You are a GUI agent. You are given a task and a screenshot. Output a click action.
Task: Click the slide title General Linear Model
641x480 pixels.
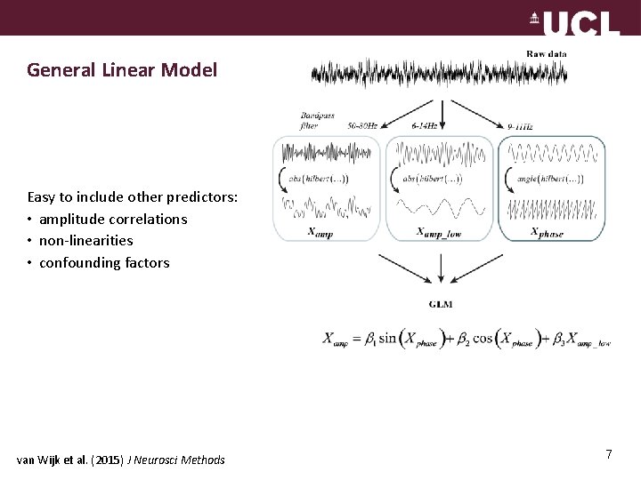[x=122, y=69]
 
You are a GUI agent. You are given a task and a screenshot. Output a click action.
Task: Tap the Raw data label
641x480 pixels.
[x=546, y=54]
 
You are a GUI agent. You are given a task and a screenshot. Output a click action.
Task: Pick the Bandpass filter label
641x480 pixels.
[x=316, y=120]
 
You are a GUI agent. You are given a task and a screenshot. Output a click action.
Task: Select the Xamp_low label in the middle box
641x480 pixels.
[x=439, y=232]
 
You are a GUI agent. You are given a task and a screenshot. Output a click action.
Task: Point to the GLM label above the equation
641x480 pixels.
[x=440, y=304]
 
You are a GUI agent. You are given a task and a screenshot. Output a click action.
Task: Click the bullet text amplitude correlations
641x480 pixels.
[x=112, y=219]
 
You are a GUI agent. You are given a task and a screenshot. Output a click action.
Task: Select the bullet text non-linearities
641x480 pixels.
[x=85, y=241]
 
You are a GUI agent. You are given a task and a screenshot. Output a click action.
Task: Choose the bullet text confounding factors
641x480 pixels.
[x=103, y=263]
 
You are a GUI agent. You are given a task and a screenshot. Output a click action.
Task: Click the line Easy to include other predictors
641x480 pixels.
[x=132, y=196]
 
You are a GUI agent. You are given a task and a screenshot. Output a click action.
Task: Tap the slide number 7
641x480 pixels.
[x=608, y=455]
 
